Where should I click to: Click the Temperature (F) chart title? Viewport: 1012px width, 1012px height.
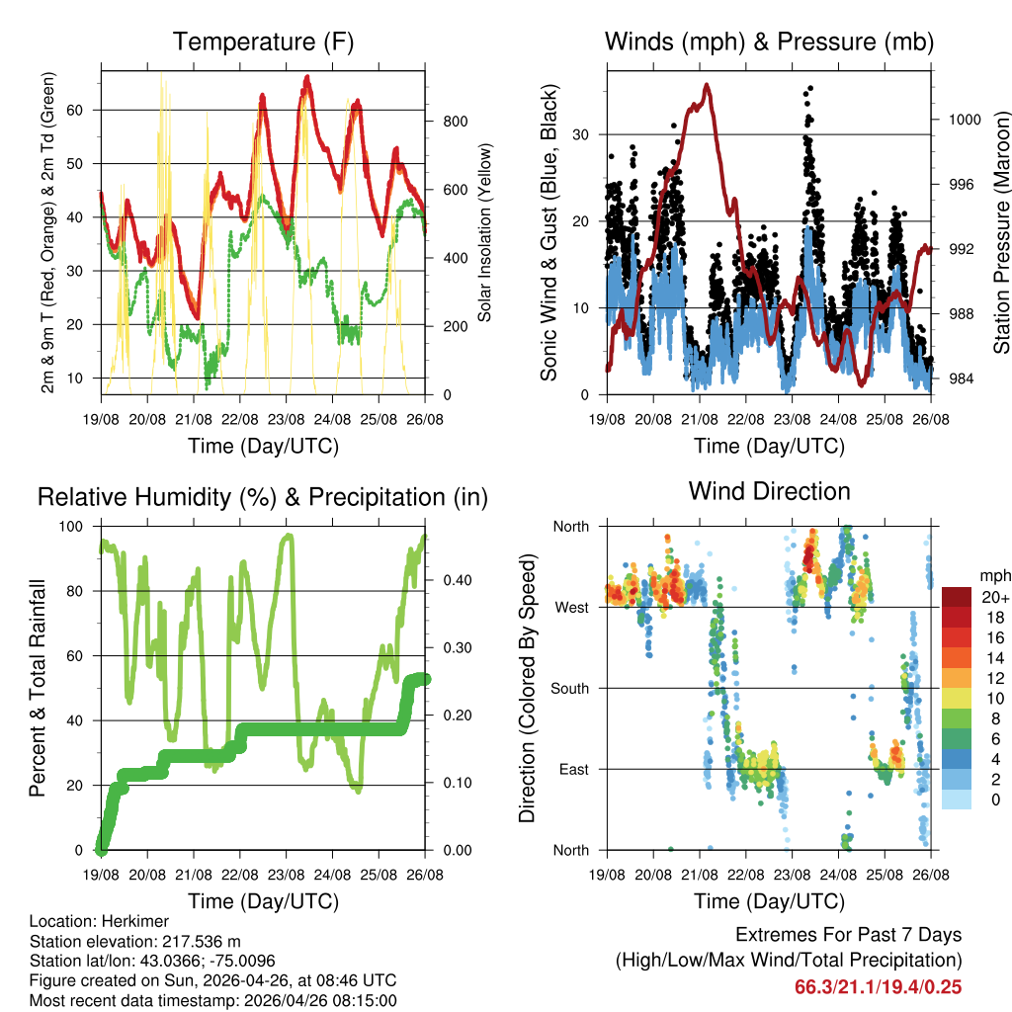tap(263, 42)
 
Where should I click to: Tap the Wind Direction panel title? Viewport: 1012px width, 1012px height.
tap(769, 491)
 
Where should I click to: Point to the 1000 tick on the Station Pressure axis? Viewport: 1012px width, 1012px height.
tap(964, 120)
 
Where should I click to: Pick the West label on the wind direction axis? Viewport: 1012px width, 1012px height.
tap(571, 607)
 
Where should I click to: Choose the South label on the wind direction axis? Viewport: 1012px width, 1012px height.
tap(569, 688)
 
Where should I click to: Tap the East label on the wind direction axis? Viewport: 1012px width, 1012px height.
tap(573, 769)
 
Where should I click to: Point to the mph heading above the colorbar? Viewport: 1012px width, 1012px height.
tap(993, 575)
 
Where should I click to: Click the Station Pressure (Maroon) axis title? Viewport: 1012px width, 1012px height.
tap(1001, 232)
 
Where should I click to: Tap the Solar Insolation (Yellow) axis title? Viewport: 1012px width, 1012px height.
tap(485, 232)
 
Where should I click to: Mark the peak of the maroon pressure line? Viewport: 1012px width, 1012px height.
tap(707, 85)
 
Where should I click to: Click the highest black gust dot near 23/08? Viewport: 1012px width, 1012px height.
tap(810, 88)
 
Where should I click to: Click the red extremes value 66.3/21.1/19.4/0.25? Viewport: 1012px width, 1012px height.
tap(878, 987)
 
